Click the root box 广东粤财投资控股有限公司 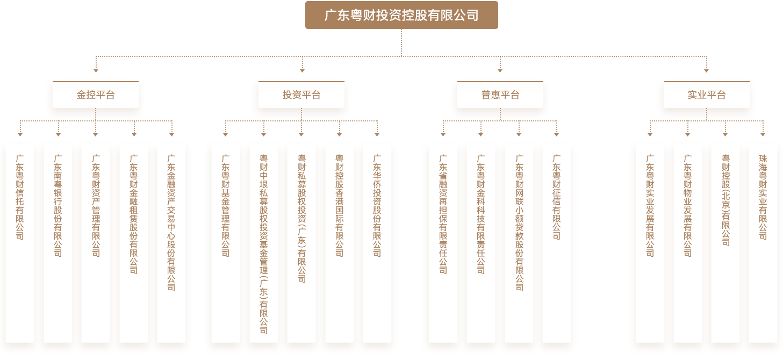tap(401, 15)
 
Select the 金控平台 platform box tap(96, 96)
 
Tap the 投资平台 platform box tap(301, 96)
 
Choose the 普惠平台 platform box tap(500, 96)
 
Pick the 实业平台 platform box tap(706, 96)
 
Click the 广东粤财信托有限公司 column tap(20, 242)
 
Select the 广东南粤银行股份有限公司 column tap(58, 242)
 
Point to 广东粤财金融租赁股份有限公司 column tap(134, 242)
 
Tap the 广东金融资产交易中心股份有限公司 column tap(171, 242)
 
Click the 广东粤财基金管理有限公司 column tap(226, 242)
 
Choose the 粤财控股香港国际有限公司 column tap(340, 242)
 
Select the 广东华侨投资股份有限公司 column tap(377, 242)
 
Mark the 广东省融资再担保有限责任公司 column tap(443, 242)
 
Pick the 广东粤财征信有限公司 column tap(557, 242)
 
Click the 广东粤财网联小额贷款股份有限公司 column tap(519, 242)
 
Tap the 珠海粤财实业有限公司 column tap(763, 242)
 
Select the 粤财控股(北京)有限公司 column tap(725, 242)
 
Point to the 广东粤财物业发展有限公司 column tap(687, 242)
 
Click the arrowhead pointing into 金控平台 tap(96, 70)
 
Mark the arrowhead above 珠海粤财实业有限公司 tap(763, 134)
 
